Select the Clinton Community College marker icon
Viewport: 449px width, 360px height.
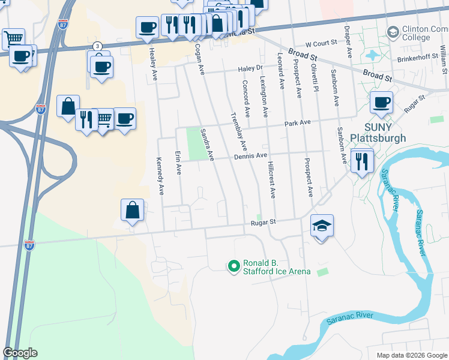(x=393, y=32)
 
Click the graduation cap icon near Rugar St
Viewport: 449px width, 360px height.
(x=322, y=226)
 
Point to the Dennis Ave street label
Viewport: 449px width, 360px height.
(x=250, y=156)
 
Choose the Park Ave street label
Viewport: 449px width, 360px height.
(x=297, y=122)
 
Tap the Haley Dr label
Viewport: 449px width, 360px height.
(x=251, y=69)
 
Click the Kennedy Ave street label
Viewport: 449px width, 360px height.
(x=160, y=178)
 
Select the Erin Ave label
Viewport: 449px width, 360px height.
(x=178, y=163)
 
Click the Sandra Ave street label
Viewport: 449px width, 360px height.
(x=207, y=144)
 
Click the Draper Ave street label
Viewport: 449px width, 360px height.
(x=348, y=41)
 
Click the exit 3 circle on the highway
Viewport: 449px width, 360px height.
(x=97, y=46)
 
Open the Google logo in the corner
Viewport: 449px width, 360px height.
(x=20, y=353)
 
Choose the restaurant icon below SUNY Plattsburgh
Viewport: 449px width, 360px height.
(x=362, y=161)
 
